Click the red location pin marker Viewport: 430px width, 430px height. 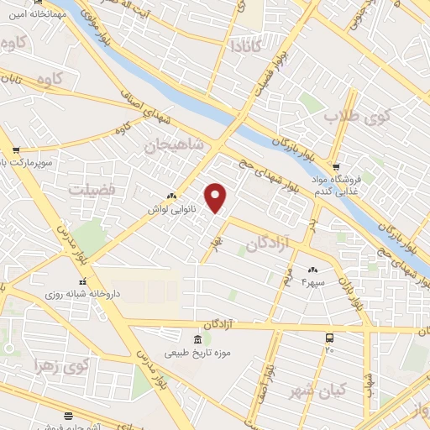coord(217,198)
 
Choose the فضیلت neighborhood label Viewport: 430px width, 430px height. coord(94,189)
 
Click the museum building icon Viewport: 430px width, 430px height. coord(197,340)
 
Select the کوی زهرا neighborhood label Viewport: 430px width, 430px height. coord(71,365)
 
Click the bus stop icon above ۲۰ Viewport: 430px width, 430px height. coord(329,338)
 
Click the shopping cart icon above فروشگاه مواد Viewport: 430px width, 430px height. coord(336,165)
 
